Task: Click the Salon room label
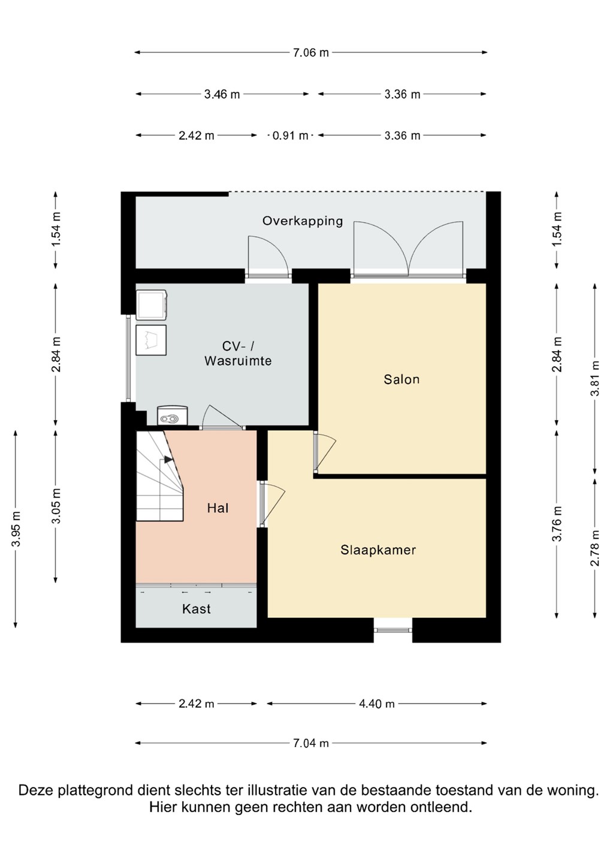coord(401,379)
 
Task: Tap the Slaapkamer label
coord(378,550)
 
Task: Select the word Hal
coord(218,508)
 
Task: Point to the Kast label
coord(197,609)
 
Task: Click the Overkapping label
coord(303,221)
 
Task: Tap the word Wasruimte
coord(238,361)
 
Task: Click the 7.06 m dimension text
coord(311,53)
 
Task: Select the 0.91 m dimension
coord(290,135)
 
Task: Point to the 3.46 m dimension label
coord(222,95)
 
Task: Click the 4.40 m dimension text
coord(377,704)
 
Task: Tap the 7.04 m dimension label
coord(311,743)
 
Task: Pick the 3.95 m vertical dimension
coord(16,529)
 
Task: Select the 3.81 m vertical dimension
coord(596,378)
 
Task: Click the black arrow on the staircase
coord(168,459)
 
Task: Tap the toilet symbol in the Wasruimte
coord(173,415)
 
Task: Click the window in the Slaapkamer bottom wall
coord(393,630)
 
